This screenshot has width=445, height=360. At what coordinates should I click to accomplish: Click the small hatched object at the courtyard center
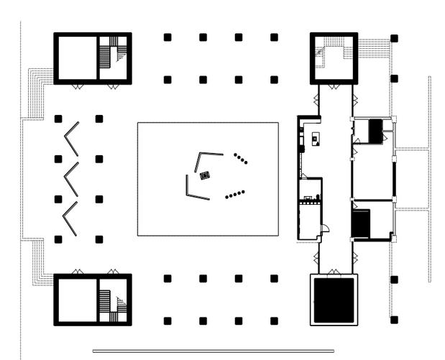205,175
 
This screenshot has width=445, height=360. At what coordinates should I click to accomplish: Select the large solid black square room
334,299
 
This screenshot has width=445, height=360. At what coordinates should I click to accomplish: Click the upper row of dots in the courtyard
241,158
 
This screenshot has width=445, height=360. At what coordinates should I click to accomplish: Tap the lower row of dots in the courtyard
235,194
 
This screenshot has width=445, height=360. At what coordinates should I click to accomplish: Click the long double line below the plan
214,351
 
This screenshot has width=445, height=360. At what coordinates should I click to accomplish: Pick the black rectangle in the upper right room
375,131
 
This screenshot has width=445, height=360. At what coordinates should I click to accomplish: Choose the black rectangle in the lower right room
361,223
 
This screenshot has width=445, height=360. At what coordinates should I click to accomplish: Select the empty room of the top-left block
75,57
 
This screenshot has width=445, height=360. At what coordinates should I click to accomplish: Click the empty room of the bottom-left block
75,299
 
